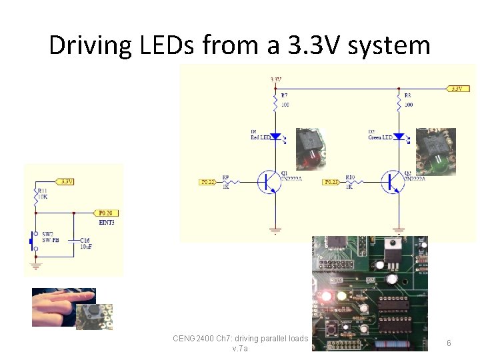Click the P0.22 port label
(x=208, y=181)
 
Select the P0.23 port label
(x=331, y=181)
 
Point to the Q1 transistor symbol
(x=269, y=181)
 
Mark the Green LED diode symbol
(x=399, y=136)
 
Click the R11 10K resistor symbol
(x=36, y=195)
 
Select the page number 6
(x=449, y=343)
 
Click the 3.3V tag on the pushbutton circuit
(x=65, y=181)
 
